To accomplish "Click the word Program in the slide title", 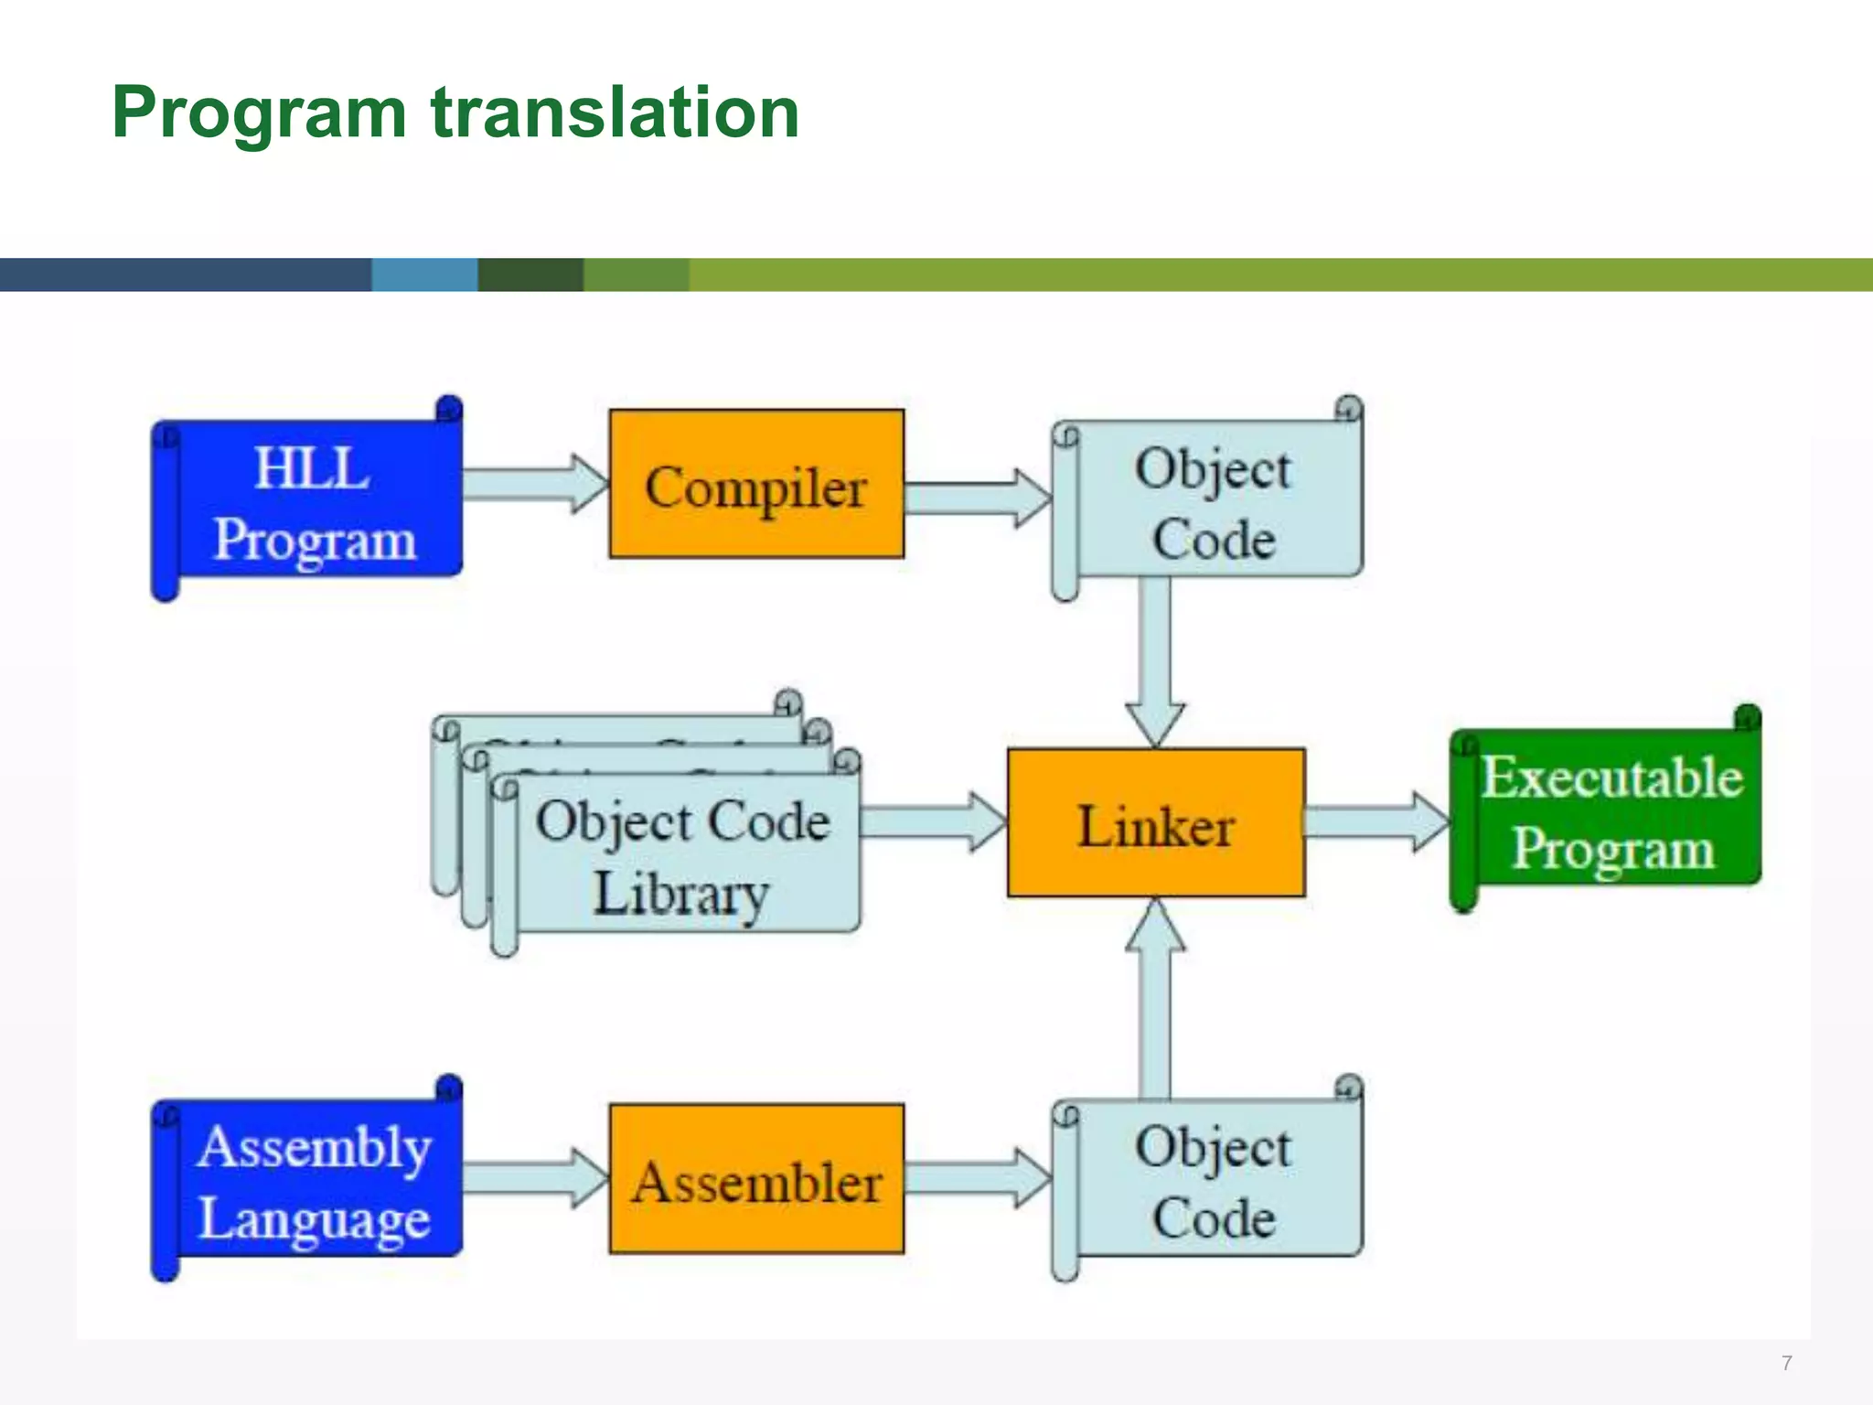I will pos(259,113).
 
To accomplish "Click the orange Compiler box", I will pos(756,485).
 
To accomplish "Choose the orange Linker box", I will pos(1156,823).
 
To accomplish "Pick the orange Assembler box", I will pos(756,1180).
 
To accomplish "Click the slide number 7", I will pos(1786,1363).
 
